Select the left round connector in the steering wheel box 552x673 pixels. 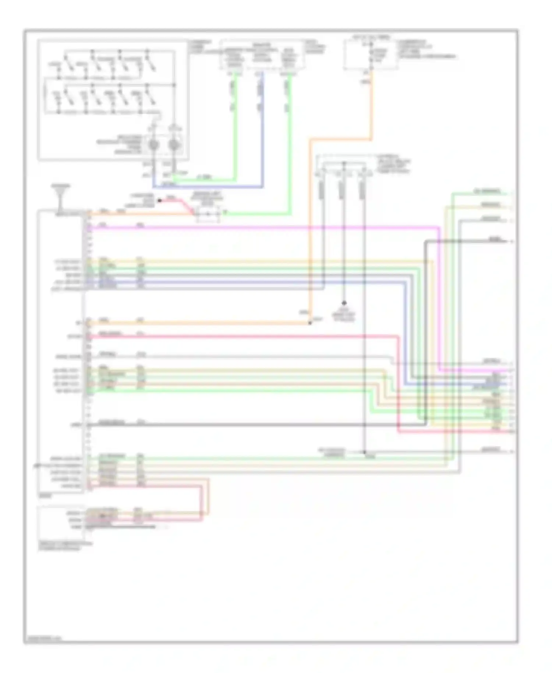click(153, 145)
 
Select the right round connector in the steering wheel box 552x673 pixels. click(174, 145)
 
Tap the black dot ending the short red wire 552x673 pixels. click(160, 201)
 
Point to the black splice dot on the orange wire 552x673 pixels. click(309, 323)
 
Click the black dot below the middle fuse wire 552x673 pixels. click(344, 303)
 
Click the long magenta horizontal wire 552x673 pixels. click(258, 227)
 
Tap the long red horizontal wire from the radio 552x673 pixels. click(239, 336)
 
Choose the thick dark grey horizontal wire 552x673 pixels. click(239, 425)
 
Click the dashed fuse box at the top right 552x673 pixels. click(371, 54)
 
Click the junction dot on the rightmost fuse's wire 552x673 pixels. click(365, 452)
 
